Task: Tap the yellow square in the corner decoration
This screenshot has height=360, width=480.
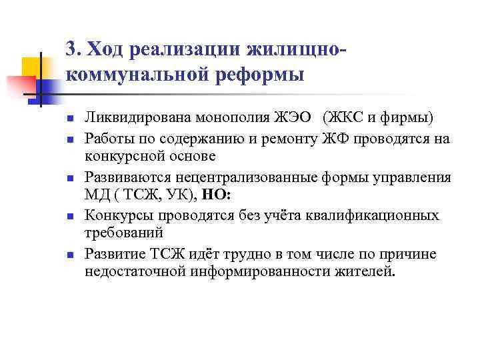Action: point(31,67)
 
